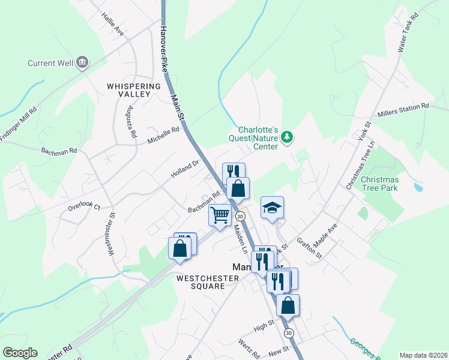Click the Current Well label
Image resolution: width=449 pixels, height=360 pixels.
[x=50, y=62]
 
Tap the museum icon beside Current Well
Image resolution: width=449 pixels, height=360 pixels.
[x=82, y=62]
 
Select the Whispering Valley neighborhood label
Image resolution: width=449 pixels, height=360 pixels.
[x=134, y=90]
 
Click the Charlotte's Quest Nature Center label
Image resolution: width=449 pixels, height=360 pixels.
[x=258, y=137]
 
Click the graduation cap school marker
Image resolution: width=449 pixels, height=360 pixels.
[x=272, y=208]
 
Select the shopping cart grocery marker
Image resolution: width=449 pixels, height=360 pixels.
[x=220, y=215]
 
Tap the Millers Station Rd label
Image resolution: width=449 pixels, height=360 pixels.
[x=403, y=110]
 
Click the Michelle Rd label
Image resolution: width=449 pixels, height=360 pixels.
[x=163, y=135]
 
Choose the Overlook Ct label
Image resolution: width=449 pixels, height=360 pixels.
[x=83, y=207]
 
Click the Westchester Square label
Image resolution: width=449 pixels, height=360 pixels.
[x=200, y=282]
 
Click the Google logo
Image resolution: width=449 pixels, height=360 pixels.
[x=20, y=352]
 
